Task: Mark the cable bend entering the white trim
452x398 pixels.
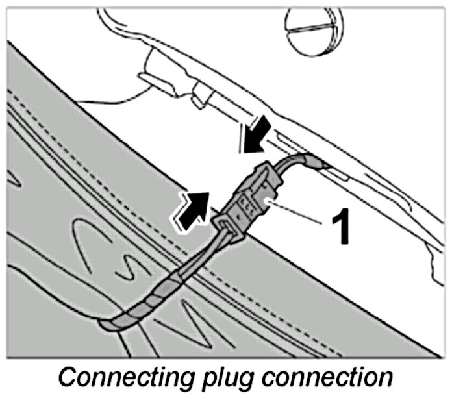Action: (305, 159)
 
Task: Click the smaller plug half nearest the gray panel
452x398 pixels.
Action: (227, 225)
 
